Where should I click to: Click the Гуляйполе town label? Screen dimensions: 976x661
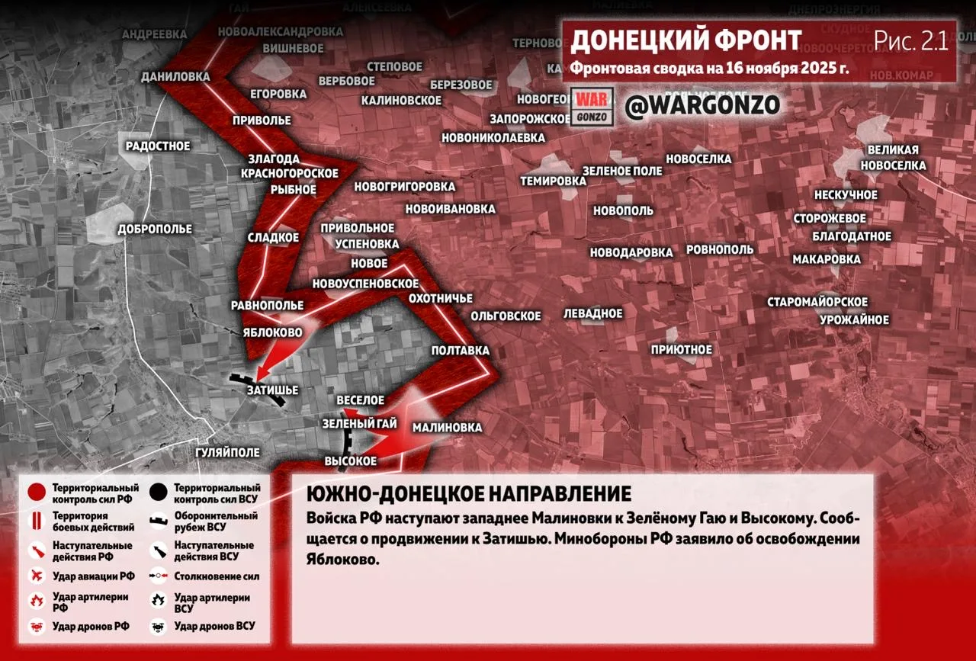coord(227,452)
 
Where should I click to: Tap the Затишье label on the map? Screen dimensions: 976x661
coord(272,390)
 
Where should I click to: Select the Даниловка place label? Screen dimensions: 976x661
coord(175,77)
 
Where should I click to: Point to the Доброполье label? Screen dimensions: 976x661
coord(155,229)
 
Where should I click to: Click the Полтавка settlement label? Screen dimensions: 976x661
coord(460,351)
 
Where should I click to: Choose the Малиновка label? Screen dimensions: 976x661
coord(447,428)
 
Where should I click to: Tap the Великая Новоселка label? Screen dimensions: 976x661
coord(893,158)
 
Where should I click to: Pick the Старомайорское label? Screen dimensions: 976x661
coord(817,303)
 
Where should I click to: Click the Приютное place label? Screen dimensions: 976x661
coord(681,350)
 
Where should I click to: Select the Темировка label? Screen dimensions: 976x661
coord(553,181)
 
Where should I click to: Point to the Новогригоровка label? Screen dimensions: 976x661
coord(404,187)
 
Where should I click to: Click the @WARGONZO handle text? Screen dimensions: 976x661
coord(702,105)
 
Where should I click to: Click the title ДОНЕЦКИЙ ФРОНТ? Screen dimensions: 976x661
coord(686,40)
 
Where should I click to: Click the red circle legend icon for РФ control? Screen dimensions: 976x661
coord(34,493)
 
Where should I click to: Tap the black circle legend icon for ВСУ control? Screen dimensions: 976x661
coord(159,493)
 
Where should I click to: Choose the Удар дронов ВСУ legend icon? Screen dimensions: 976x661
coord(159,626)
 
